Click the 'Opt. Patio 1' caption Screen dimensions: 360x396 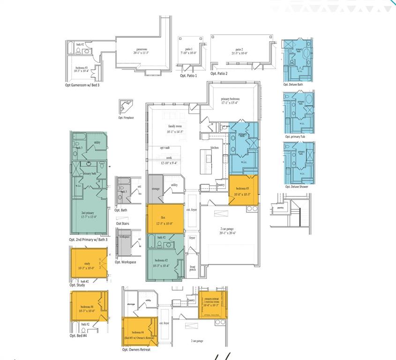click(x=188, y=75)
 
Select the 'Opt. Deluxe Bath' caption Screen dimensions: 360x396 click(x=293, y=85)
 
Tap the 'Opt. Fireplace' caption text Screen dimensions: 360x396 click(x=126, y=118)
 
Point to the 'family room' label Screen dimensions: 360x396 click(x=174, y=127)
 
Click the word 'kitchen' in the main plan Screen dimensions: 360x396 click(x=215, y=148)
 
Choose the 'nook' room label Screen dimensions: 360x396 click(x=169, y=158)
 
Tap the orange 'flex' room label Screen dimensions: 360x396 click(x=163, y=217)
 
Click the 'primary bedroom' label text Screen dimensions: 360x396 click(x=231, y=99)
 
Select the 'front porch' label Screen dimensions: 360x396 click(x=192, y=269)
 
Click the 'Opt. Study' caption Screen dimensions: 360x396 click(x=77, y=285)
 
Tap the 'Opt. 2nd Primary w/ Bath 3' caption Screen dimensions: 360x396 click(x=88, y=240)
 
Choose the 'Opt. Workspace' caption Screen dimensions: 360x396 click(x=126, y=262)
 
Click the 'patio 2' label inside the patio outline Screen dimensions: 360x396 click(x=239, y=49)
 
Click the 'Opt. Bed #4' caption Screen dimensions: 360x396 click(x=79, y=336)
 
